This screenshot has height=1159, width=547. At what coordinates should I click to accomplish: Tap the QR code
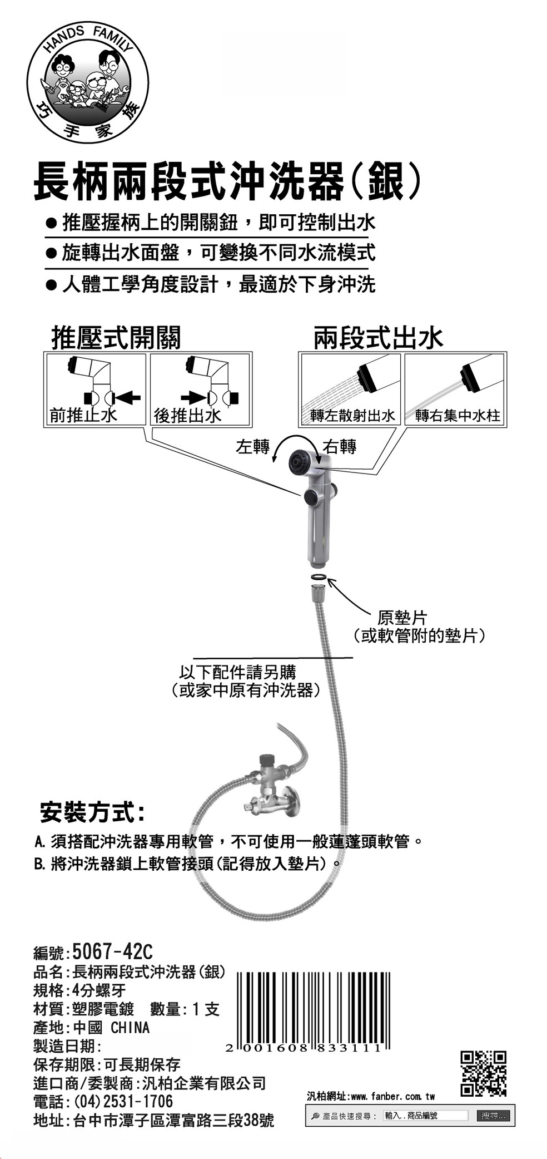click(x=483, y=1074)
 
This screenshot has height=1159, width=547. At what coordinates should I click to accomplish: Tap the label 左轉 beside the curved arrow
click(x=252, y=447)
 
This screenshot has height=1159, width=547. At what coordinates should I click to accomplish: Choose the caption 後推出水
click(x=187, y=416)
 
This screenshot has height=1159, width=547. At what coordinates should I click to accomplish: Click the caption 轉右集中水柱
click(x=457, y=416)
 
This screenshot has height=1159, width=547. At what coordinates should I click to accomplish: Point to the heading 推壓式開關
click(x=116, y=337)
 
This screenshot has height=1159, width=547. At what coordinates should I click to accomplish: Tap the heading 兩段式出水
click(x=378, y=337)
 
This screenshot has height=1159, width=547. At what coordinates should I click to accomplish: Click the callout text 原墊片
click(x=402, y=618)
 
